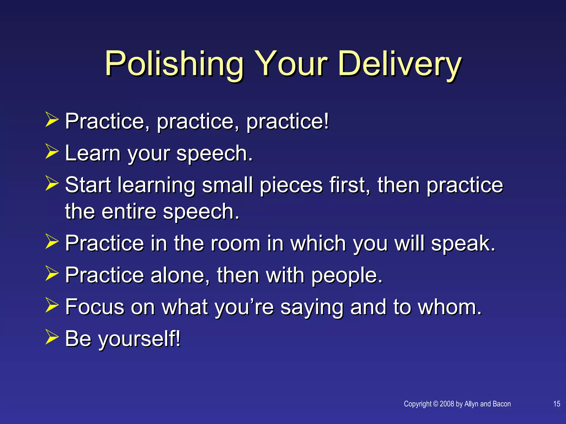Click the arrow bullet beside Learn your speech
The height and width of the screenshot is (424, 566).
[x=52, y=151]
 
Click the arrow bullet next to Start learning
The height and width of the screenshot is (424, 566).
[x=52, y=183]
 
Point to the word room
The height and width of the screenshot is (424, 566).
[x=235, y=243]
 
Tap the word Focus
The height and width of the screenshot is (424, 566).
[x=95, y=307]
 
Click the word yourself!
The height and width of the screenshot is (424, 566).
[x=139, y=339]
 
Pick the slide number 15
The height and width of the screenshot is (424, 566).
[x=557, y=404]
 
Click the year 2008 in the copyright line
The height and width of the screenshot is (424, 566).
[x=447, y=404]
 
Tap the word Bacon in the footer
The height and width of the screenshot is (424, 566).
[x=502, y=404]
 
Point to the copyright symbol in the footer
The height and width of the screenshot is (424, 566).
[x=436, y=404]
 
